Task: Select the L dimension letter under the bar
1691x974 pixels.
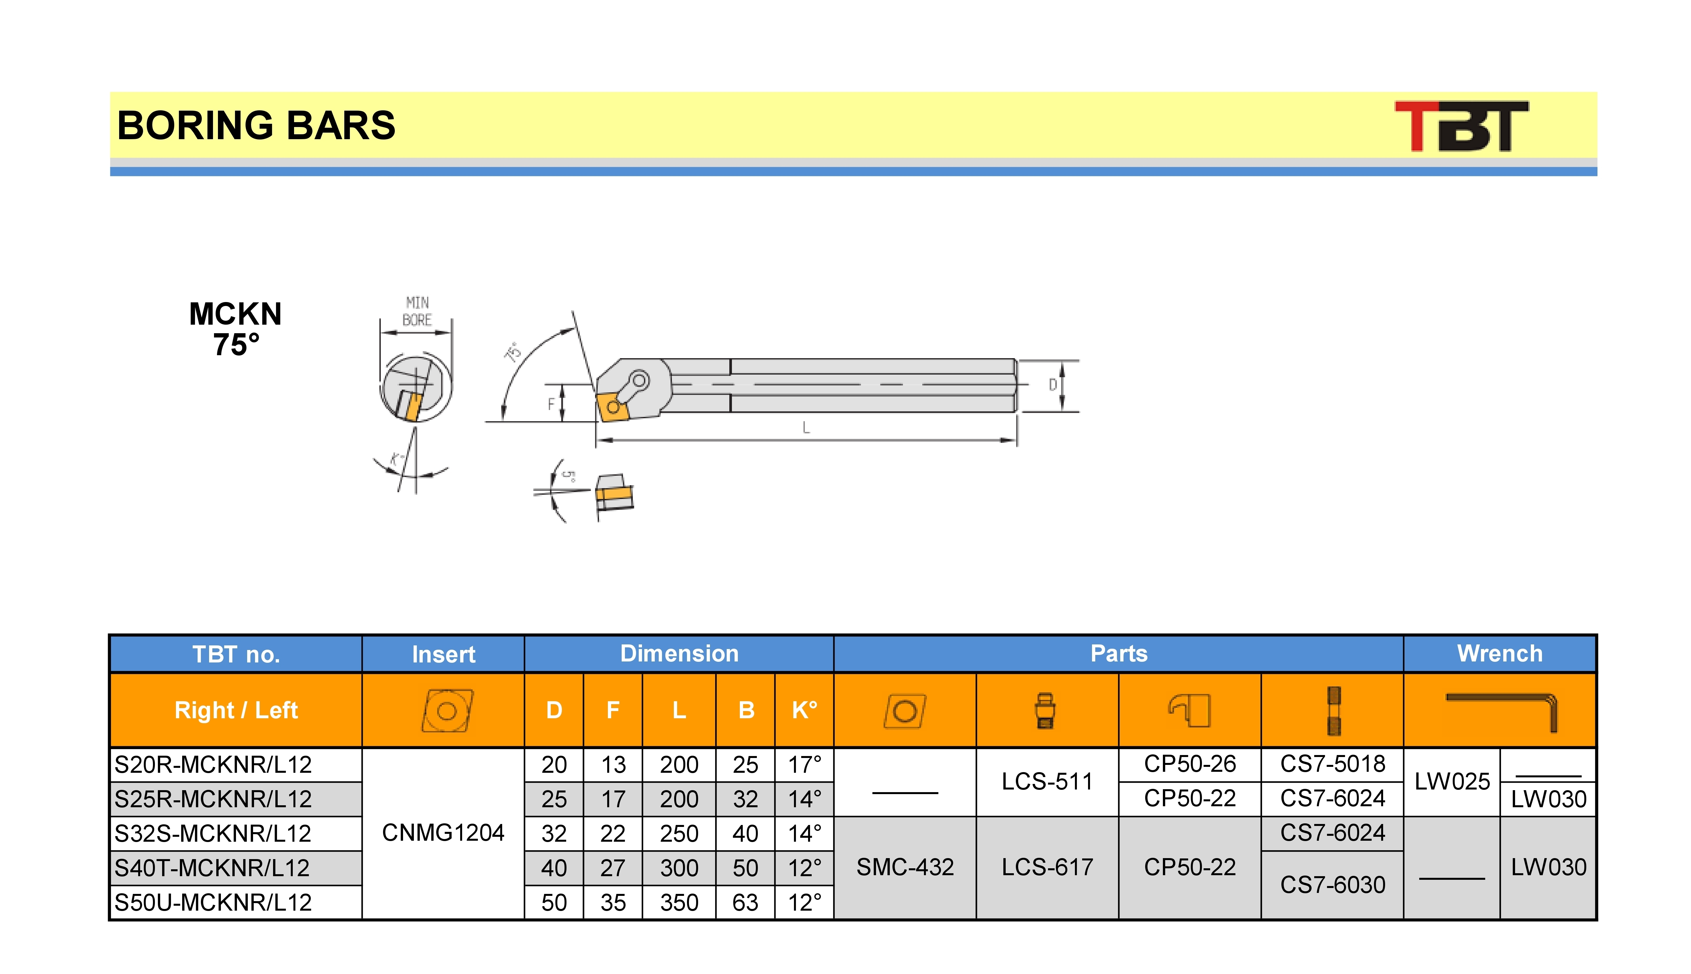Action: (806, 427)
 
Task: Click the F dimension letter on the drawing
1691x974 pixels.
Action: (551, 404)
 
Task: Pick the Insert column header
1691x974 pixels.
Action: (443, 654)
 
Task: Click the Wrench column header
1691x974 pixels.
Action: (1500, 654)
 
